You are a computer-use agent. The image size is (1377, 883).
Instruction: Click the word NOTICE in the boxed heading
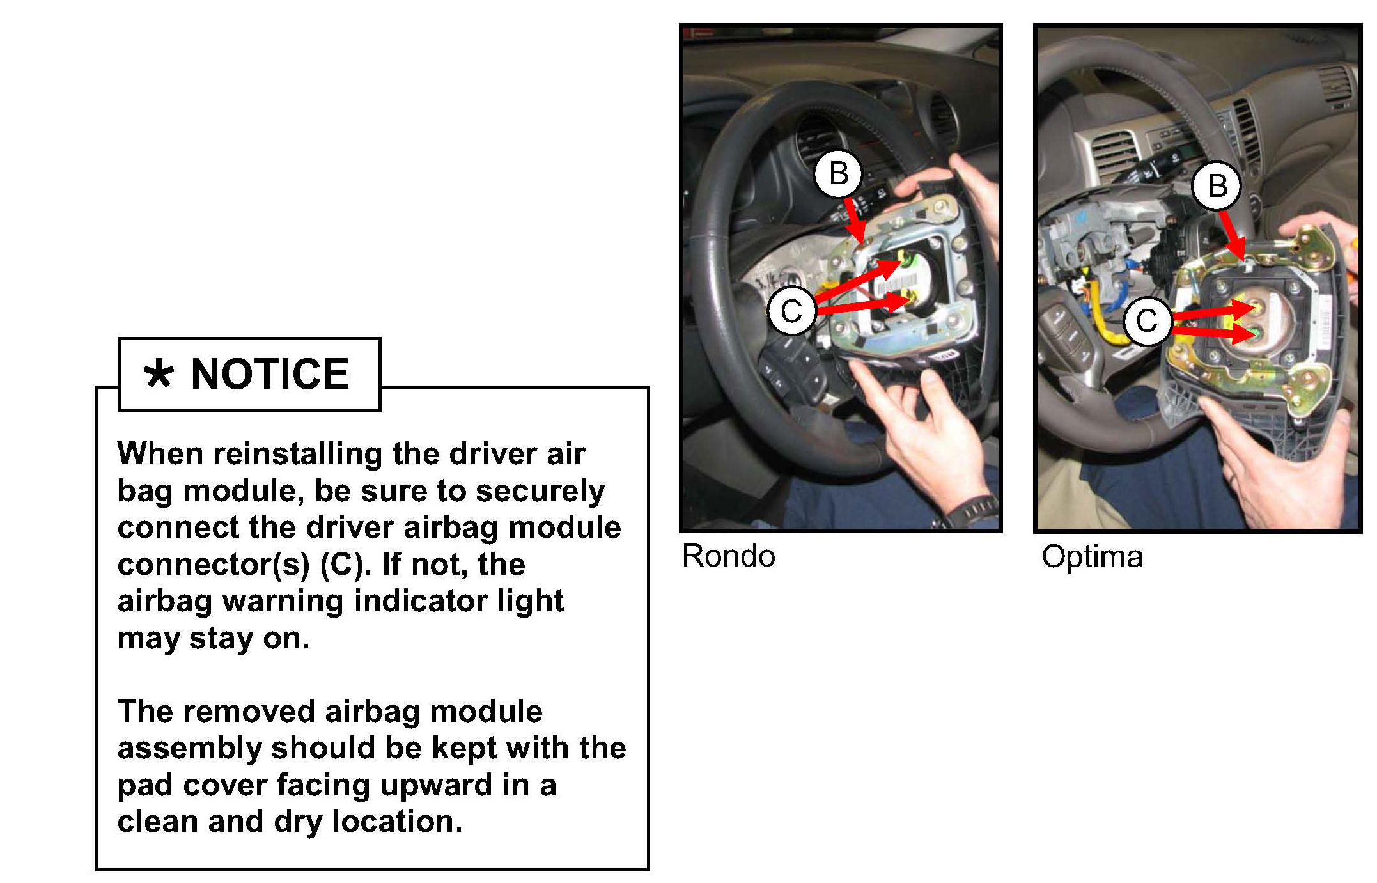270,374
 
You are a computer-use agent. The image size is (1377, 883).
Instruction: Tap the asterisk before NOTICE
158,375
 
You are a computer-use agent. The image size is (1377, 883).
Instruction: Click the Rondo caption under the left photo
729,556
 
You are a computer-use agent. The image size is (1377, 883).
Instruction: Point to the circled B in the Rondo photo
839,173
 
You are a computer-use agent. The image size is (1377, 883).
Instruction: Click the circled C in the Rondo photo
792,311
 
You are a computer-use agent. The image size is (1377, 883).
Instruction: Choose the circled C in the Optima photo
1147,321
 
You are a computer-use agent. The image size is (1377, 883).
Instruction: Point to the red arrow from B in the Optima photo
1233,235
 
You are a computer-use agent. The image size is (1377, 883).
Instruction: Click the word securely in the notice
540,492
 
